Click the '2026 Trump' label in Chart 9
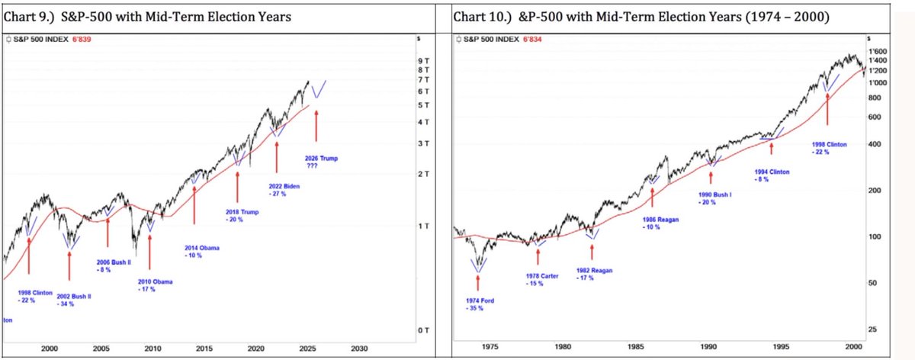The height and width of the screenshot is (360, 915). click(x=321, y=159)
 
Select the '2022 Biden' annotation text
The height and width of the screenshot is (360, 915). click(x=284, y=186)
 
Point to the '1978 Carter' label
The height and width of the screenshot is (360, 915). click(x=543, y=276)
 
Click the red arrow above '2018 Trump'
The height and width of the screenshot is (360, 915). click(x=238, y=187)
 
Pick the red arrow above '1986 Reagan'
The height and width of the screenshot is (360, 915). click(x=653, y=196)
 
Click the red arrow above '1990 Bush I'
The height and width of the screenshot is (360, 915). click(x=711, y=176)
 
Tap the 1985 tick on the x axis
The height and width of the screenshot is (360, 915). click(x=637, y=347)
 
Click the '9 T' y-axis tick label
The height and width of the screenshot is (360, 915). click(x=424, y=60)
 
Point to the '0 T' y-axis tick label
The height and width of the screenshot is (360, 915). click(x=424, y=329)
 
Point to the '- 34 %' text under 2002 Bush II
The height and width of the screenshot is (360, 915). click(x=68, y=304)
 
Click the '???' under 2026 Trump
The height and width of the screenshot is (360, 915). click(x=312, y=166)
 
